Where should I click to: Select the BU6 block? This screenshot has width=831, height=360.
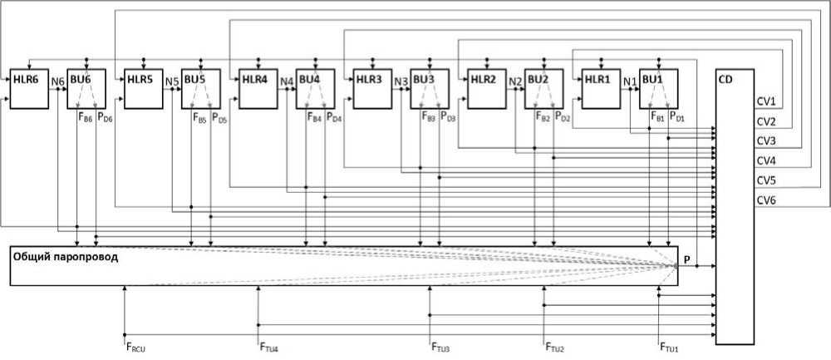coord(85,87)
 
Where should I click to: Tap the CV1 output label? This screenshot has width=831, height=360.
coord(766,102)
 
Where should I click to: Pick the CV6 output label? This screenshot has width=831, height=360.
coord(766,200)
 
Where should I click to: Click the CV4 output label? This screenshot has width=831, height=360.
coord(766,160)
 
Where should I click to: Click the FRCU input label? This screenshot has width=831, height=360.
coord(135,346)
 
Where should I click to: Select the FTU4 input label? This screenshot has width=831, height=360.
coord(269,346)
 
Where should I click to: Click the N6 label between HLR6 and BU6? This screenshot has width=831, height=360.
coord(57,81)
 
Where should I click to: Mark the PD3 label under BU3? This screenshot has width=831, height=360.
coord(448,117)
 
